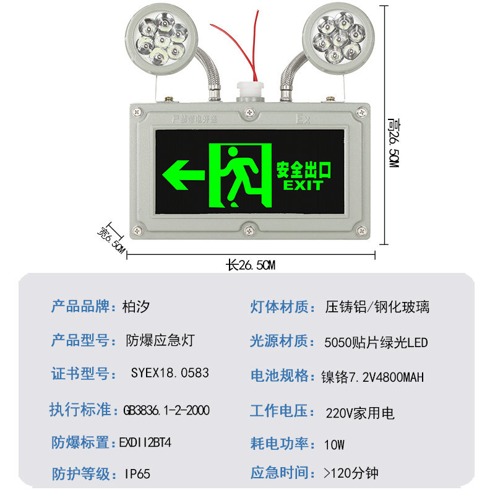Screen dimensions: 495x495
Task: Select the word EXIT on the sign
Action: click(x=303, y=185)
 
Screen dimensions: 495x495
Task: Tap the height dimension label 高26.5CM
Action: click(x=393, y=143)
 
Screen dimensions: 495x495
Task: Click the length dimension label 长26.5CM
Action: click(x=251, y=265)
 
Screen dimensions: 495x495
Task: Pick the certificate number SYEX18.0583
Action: click(x=170, y=373)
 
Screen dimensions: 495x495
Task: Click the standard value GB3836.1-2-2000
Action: click(x=166, y=410)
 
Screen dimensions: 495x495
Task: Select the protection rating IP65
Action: click(x=137, y=475)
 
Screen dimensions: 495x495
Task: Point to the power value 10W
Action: click(x=334, y=444)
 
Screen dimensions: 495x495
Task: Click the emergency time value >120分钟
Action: click(x=351, y=474)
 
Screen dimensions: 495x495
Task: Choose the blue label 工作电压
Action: click(x=279, y=410)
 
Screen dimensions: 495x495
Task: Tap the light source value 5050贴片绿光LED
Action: click(x=376, y=342)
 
